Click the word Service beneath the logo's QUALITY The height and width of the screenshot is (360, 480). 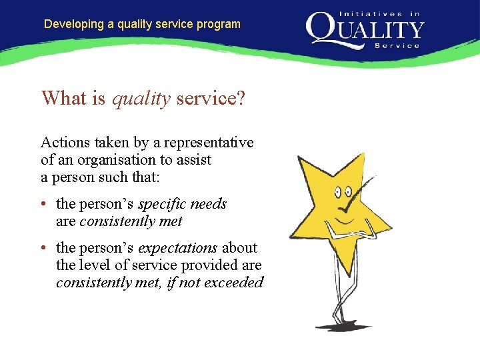397,46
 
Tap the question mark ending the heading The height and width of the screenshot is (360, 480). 241,99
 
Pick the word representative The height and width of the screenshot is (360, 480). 212,143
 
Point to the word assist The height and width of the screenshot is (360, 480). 193,160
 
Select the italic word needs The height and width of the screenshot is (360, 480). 209,204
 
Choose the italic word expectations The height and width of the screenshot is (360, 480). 177,248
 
